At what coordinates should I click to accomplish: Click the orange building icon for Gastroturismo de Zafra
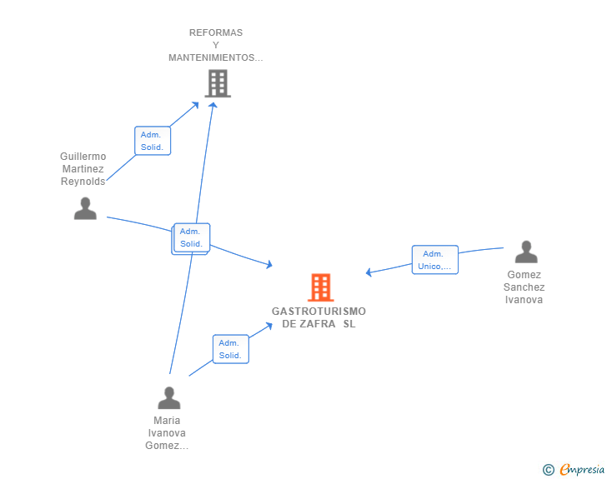pyautogui.click(x=320, y=287)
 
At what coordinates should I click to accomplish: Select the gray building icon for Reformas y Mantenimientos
pyautogui.click(x=217, y=83)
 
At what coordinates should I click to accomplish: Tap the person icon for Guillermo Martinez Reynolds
pyautogui.click(x=85, y=208)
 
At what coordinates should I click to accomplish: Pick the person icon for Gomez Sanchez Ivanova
pyautogui.click(x=525, y=252)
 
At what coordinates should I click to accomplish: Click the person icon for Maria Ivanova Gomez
pyautogui.click(x=168, y=397)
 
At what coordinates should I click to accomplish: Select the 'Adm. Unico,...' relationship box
pyautogui.click(x=434, y=260)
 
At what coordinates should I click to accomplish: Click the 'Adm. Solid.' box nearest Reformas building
pyautogui.click(x=153, y=141)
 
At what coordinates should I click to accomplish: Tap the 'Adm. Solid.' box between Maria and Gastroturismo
pyautogui.click(x=230, y=349)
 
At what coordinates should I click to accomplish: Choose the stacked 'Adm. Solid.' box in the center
pyautogui.click(x=191, y=237)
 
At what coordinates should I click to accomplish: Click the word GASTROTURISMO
pyautogui.click(x=319, y=312)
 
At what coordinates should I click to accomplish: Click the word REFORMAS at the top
pyautogui.click(x=216, y=32)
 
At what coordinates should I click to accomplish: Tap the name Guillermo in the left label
pyautogui.click(x=83, y=157)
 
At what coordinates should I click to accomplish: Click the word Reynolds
pyautogui.click(x=83, y=182)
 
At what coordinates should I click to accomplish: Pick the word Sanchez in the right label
pyautogui.click(x=524, y=287)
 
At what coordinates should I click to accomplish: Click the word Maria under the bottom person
pyautogui.click(x=167, y=421)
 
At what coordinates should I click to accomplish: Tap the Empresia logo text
pyautogui.click(x=583, y=470)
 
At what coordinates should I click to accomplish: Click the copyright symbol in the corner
pyautogui.click(x=549, y=470)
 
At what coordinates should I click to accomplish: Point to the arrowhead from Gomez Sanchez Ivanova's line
pyautogui.click(x=369, y=272)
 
